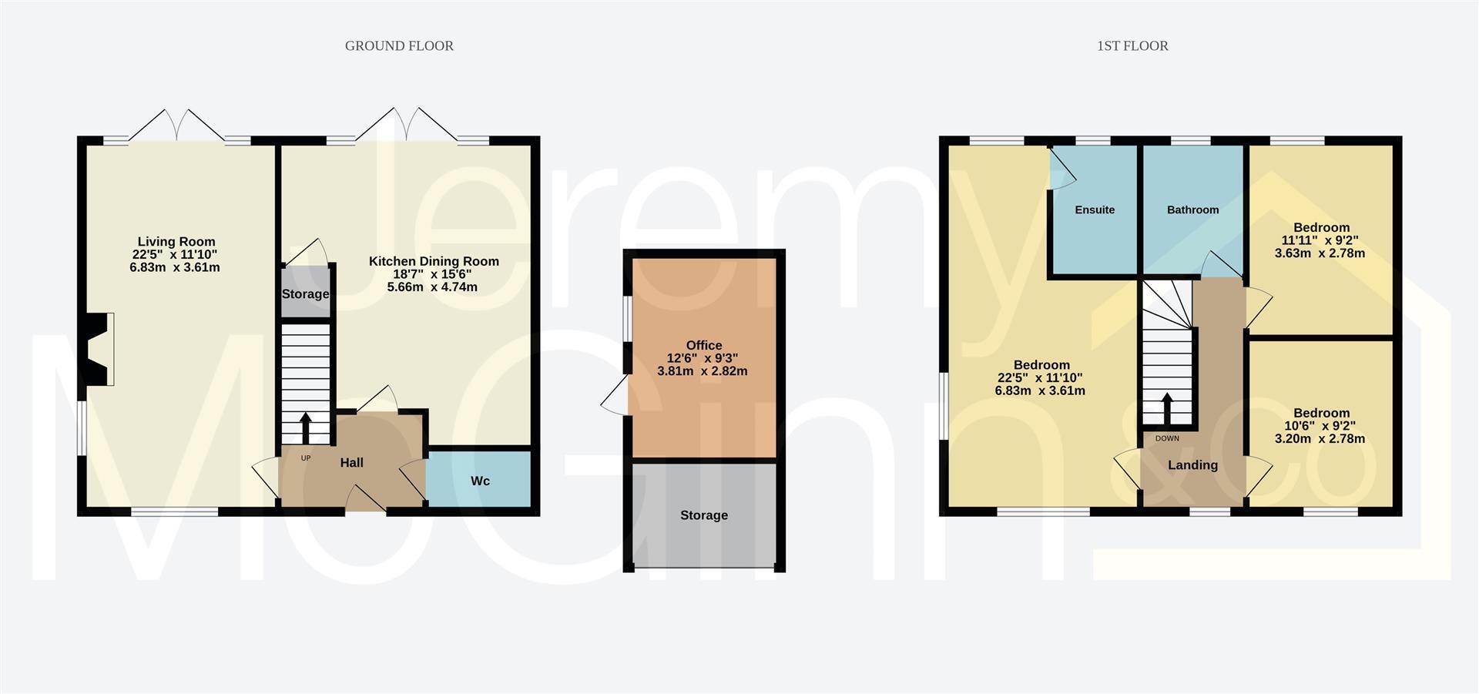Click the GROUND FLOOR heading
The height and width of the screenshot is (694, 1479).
[x=399, y=46]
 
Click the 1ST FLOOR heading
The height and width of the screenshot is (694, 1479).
[x=1132, y=46]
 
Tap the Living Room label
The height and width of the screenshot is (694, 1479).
[x=176, y=242]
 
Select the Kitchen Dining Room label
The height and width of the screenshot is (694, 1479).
[x=434, y=261]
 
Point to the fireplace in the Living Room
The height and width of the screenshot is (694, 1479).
[x=99, y=349]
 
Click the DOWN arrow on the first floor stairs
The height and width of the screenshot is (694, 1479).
[x=1167, y=408]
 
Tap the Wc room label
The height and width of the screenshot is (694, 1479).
[x=480, y=481]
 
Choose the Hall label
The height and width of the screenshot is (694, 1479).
[x=352, y=462]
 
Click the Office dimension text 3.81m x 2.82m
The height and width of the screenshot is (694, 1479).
[x=703, y=371]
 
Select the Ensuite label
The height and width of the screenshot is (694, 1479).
[x=1095, y=210]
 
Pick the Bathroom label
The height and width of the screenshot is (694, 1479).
[x=1192, y=210]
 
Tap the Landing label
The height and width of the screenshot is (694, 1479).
[x=1192, y=464]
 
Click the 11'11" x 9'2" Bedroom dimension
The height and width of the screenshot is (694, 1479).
[x=1321, y=240]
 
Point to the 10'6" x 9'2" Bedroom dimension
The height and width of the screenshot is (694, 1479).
[x=1321, y=426]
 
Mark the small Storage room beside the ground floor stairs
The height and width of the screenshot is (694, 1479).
[x=306, y=293]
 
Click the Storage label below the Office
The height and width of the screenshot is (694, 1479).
[x=703, y=515]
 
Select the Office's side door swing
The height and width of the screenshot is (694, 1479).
[x=615, y=397]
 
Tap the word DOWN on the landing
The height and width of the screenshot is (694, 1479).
[x=1167, y=438]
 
